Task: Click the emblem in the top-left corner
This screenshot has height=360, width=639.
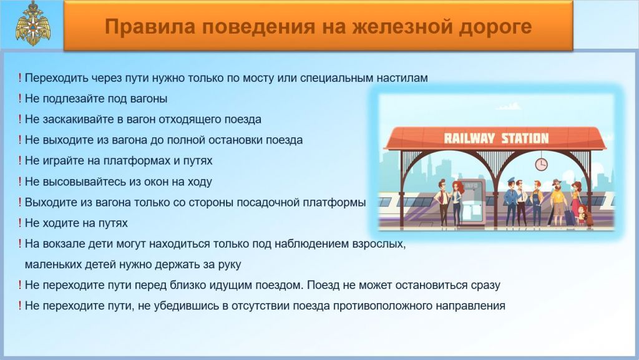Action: click(x=33, y=23)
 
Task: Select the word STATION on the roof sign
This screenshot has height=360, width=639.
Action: click(x=525, y=139)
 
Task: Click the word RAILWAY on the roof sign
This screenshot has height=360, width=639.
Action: click(x=469, y=139)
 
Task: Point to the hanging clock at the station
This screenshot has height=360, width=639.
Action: click(x=541, y=165)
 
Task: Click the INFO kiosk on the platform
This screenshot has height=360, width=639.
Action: click(x=472, y=202)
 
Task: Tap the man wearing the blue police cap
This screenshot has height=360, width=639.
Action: click(x=510, y=202)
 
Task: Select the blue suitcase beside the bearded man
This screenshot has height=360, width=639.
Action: click(x=570, y=216)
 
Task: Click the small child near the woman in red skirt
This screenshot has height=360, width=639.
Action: click(x=582, y=215)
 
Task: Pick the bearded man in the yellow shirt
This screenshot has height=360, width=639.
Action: click(x=557, y=202)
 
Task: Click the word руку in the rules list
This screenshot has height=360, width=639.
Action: click(x=227, y=265)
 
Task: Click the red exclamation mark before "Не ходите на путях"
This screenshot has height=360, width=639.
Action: click(x=19, y=223)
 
